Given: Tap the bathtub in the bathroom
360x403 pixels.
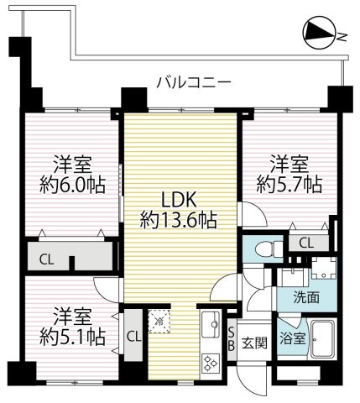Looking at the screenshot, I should pyautogui.click(x=323, y=338).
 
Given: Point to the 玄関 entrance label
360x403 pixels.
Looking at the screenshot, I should pyautogui.click(x=254, y=342).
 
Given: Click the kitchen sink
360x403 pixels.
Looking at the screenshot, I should pyautogui.click(x=208, y=322).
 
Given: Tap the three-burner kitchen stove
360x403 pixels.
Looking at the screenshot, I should pyautogui.click(x=208, y=361).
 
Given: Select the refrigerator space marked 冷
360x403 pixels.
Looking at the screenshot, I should pyautogui.click(x=159, y=320).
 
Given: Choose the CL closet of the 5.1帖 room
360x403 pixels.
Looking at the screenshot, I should pyautogui.click(x=133, y=337).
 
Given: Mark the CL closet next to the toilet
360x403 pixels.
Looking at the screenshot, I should pyautogui.click(x=306, y=243).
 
